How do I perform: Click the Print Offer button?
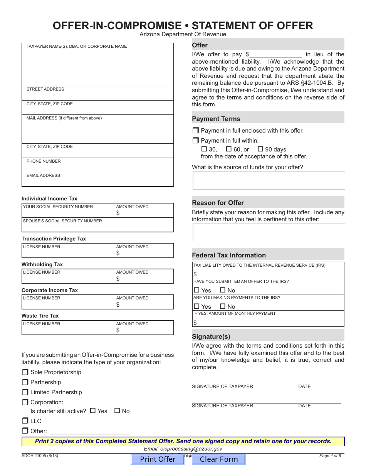pyautogui.click(x=158, y=459)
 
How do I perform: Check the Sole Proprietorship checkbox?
pyautogui.click(x=25, y=372)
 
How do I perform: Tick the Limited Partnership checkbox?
pyautogui.click(x=25, y=392)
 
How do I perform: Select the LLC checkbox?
pyautogui.click(x=25, y=421)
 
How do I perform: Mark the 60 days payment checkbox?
pyautogui.click(x=228, y=149)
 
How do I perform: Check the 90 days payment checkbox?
pyautogui.click(x=260, y=149)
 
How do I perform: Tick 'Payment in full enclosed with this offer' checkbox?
pyautogui.click(x=195, y=131)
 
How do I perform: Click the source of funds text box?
pyautogui.click(x=269, y=180)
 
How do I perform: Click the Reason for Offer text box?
pyautogui.click(x=269, y=232)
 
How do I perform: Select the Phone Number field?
pyautogui.click(x=97, y=166)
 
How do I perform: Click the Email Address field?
pyautogui.click(x=97, y=180)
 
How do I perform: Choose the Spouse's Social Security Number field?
pyautogui.click(x=97, y=226)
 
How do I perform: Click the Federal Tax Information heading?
pyautogui.click(x=229, y=255)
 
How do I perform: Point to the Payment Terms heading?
pyautogui.click(x=216, y=119)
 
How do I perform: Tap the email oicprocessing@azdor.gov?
pyautogui.click(x=183, y=449)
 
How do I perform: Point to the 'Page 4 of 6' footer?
pyautogui.click(x=330, y=456)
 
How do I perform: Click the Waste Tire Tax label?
pyautogui.click(x=40, y=316)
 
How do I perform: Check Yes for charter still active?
pyautogui.click(x=93, y=411)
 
